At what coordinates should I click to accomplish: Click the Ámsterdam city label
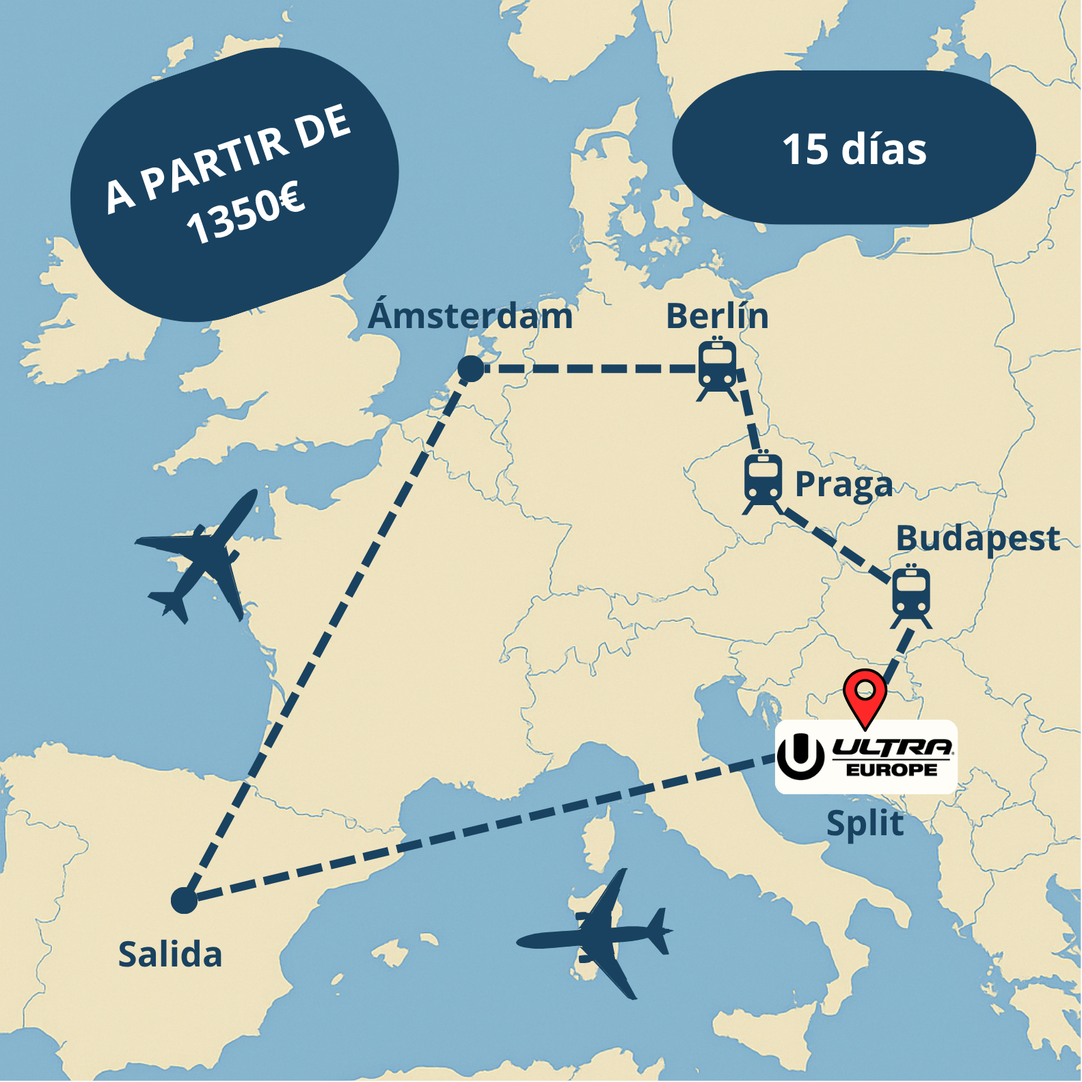click(x=470, y=316)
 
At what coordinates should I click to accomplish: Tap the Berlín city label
click(x=717, y=316)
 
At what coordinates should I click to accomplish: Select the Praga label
click(x=843, y=485)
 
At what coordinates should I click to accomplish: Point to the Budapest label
click(x=977, y=539)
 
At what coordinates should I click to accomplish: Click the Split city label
click(x=865, y=823)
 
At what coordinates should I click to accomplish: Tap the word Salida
click(x=170, y=954)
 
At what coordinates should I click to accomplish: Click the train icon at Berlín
click(x=718, y=368)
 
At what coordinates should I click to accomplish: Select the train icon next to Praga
click(x=763, y=482)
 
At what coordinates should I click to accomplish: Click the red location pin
click(x=865, y=695)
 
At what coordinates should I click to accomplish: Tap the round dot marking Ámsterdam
click(x=470, y=369)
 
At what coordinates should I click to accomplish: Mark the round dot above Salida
click(x=184, y=900)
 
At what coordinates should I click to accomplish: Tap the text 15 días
click(x=854, y=149)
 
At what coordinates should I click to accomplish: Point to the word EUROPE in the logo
click(x=892, y=770)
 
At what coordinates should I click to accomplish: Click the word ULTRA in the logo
click(x=893, y=746)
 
